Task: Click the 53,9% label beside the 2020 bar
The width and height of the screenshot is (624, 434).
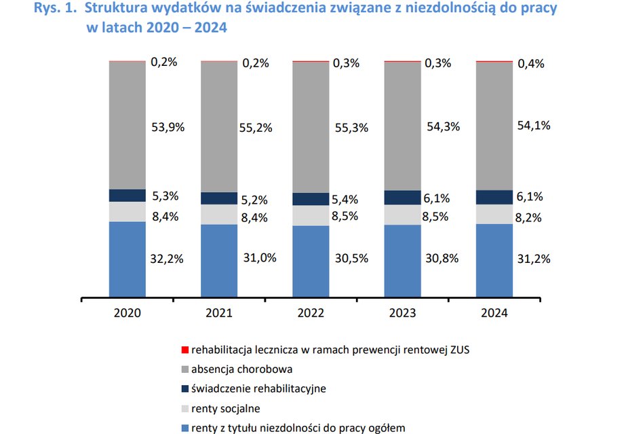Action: (166, 126)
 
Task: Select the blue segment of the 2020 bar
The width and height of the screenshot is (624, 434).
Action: (128, 259)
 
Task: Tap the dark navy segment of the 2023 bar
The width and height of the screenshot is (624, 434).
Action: (403, 197)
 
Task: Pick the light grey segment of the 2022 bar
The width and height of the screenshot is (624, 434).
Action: (311, 215)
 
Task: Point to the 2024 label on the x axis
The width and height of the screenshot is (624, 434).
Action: (494, 314)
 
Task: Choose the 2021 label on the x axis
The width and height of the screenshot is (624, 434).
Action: (219, 314)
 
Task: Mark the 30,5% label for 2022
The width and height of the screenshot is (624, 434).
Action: (350, 259)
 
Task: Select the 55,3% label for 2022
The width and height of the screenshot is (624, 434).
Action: (350, 126)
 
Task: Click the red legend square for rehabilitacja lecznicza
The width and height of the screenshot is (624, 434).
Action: (184, 350)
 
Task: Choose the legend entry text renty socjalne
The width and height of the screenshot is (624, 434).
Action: (227, 408)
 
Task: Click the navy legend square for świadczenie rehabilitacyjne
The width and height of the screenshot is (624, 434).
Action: (184, 389)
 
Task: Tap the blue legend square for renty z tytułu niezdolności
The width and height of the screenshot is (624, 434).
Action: (184, 428)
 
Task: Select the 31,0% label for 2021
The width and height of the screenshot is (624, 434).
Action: (258, 259)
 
